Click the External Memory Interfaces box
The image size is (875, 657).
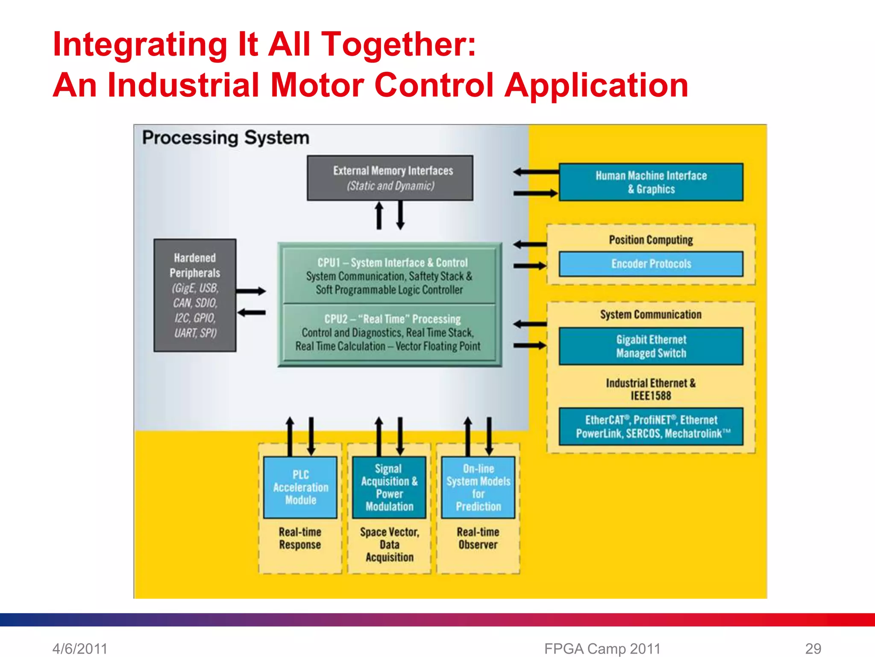pos(390,178)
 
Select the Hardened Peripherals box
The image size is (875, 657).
pos(195,295)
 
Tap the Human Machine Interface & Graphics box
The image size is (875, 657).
pos(651,182)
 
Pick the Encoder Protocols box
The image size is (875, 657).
pos(651,264)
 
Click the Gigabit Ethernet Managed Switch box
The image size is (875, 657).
pos(651,346)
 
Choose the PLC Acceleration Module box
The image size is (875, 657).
pos(300,488)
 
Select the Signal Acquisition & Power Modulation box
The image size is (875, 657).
pos(389,488)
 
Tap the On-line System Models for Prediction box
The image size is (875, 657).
pos(478,488)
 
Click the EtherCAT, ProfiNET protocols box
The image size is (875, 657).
pos(651,426)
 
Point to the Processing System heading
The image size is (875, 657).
pos(226,138)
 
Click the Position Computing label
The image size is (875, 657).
pos(651,240)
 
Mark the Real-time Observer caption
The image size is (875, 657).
pos(478,538)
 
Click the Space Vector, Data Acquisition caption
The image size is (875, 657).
pos(389,545)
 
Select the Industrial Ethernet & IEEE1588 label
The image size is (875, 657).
pos(651,389)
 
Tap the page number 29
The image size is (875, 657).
pos(813,648)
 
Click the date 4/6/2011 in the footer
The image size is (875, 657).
pos(80,648)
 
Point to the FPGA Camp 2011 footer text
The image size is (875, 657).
pos(602,648)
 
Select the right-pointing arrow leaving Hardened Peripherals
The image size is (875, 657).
pos(251,291)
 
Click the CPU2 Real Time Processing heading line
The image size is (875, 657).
pos(392,319)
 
